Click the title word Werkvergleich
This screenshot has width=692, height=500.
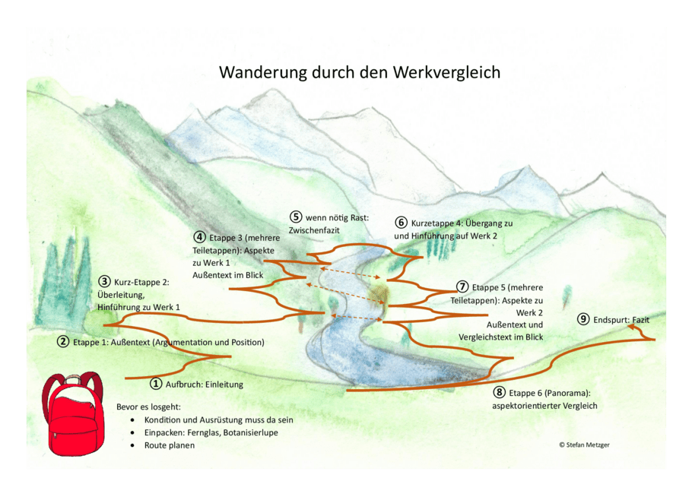pyautogui.click(x=446, y=73)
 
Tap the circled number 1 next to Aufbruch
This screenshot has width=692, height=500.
pyautogui.click(x=156, y=384)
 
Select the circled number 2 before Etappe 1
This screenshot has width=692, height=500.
pyautogui.click(x=64, y=342)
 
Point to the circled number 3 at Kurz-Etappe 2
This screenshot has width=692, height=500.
pyautogui.click(x=105, y=282)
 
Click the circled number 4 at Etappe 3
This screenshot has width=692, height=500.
pyautogui.click(x=200, y=237)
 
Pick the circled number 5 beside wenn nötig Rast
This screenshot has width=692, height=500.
pyautogui.click(x=296, y=217)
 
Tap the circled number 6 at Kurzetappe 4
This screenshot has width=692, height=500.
pyautogui.click(x=402, y=223)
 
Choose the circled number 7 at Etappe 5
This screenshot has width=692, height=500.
pyautogui.click(x=462, y=287)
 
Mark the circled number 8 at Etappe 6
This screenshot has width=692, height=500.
pyautogui.click(x=499, y=393)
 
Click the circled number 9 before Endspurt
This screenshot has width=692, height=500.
pyautogui.click(x=583, y=320)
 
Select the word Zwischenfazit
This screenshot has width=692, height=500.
pyautogui.click(x=314, y=230)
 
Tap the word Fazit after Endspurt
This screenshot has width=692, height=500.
pyautogui.click(x=640, y=320)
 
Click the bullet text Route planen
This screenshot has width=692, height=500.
pyautogui.click(x=170, y=445)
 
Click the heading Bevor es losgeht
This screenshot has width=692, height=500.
pyautogui.click(x=148, y=407)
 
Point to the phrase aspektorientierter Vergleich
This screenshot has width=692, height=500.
pyautogui.click(x=544, y=406)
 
